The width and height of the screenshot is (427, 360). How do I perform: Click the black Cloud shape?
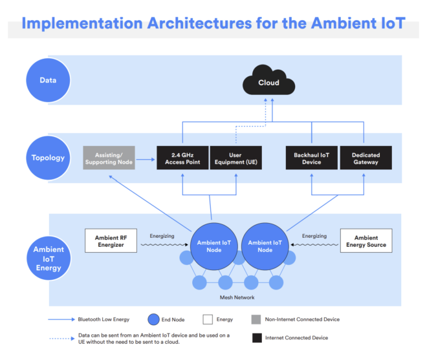268,83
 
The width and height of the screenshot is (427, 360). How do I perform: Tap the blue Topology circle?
47,158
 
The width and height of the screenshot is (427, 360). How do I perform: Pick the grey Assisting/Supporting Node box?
108,158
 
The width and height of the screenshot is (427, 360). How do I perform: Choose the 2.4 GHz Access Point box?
182,158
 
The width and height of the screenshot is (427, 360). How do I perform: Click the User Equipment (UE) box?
235,158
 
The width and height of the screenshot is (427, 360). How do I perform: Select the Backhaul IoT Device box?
311,158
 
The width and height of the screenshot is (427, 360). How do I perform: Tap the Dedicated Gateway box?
365,158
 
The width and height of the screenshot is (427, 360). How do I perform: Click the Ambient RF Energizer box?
111,241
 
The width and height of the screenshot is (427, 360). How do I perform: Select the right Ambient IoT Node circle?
265,246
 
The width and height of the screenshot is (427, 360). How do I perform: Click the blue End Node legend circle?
153,319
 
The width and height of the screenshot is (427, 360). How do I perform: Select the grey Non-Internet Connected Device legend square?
256,319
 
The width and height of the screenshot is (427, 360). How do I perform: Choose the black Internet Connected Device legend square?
256,337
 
